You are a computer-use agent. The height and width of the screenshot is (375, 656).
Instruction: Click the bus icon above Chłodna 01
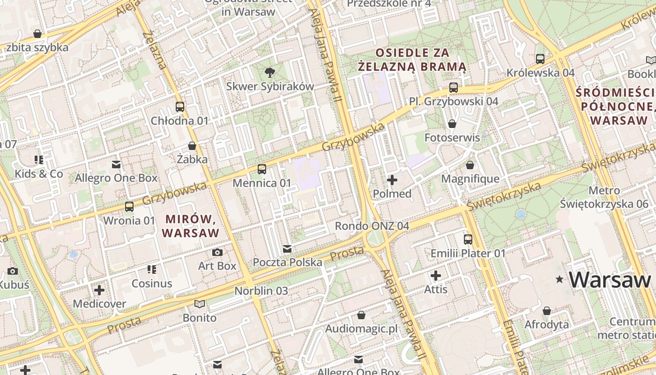(x=180, y=106)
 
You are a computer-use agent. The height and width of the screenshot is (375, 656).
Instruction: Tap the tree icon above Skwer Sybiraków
(x=269, y=72)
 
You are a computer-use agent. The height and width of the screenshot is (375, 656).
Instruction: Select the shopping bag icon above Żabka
(x=192, y=146)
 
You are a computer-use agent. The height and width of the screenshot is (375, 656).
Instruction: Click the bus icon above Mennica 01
(x=262, y=169)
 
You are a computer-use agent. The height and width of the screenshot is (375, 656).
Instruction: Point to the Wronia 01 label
(x=129, y=220)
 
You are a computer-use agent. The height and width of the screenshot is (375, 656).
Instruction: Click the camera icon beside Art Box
(x=217, y=252)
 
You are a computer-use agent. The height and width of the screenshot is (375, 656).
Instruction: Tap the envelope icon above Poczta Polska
(x=287, y=248)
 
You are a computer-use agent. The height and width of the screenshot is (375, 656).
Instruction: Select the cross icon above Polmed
(x=392, y=180)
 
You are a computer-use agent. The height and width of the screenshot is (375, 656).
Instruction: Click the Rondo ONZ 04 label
(x=372, y=226)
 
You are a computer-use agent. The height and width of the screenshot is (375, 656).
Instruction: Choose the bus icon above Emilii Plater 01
(x=468, y=240)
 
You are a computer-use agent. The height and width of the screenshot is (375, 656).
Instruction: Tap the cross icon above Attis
(x=436, y=276)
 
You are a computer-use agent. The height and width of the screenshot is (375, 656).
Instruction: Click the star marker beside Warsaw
(x=559, y=279)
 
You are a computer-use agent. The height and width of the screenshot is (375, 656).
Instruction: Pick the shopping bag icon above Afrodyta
(x=546, y=311)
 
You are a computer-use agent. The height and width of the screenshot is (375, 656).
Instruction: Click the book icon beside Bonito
(x=200, y=304)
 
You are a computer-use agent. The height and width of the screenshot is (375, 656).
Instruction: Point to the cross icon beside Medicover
(x=99, y=290)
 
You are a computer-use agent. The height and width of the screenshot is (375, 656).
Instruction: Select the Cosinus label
(x=152, y=284)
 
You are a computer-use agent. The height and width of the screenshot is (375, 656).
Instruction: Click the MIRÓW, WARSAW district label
(x=190, y=226)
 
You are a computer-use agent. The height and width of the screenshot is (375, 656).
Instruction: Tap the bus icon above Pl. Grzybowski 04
(x=453, y=87)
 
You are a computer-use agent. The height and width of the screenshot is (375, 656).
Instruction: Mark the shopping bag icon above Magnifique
(x=470, y=165)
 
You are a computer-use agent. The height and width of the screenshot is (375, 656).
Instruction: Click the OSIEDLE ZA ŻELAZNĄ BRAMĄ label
(x=412, y=60)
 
